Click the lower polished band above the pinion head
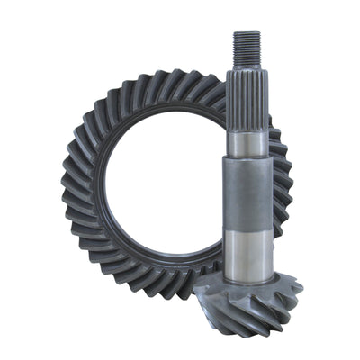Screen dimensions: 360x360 pos(247,252)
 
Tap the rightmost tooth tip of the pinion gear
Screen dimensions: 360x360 pos(300,288)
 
